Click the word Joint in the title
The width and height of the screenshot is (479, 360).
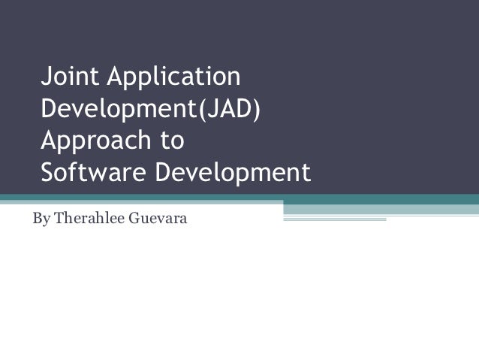click(67, 77)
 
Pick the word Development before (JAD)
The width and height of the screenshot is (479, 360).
click(118, 109)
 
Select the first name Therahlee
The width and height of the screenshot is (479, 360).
click(90, 221)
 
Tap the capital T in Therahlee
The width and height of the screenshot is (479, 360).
click(60, 221)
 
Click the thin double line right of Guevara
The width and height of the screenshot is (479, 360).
click(334, 219)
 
